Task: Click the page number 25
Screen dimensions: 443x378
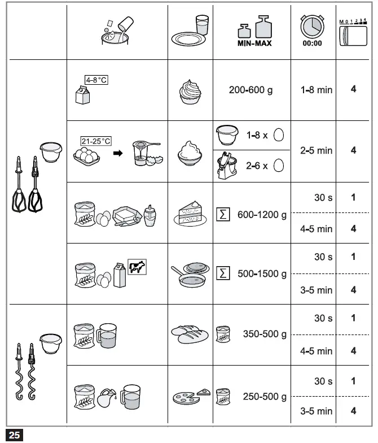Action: (x=14, y=435)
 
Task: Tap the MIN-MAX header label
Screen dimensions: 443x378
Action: (x=252, y=43)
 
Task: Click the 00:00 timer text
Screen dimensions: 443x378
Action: (x=312, y=43)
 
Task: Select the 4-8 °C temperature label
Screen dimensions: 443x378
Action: (x=95, y=80)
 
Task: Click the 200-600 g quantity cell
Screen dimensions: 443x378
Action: (x=250, y=90)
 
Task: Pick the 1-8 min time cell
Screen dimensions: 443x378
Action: (x=316, y=90)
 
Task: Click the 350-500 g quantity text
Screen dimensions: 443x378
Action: (x=264, y=334)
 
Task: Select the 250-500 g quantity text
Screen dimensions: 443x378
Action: (x=264, y=397)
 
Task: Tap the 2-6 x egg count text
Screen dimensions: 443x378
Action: (x=257, y=166)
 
